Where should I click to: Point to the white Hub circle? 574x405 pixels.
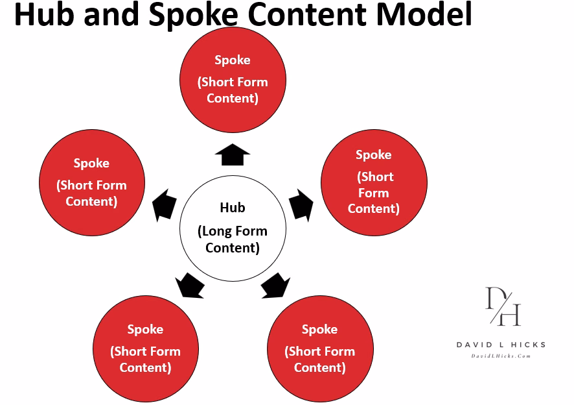[x=232, y=228]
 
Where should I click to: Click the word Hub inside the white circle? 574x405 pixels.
[x=232, y=208]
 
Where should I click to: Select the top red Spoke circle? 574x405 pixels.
[x=232, y=79]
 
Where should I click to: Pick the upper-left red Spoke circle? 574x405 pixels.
[x=91, y=182]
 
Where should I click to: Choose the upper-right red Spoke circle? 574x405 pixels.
[x=374, y=182]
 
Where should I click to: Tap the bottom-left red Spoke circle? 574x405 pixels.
[x=145, y=349]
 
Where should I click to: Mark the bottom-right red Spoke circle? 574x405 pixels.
[x=320, y=349]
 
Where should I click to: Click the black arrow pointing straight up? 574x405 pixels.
[x=232, y=154]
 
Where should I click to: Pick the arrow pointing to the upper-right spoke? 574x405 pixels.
[x=301, y=204]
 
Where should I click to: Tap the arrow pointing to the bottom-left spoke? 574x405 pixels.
[x=189, y=285]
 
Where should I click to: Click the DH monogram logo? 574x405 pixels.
[x=503, y=306]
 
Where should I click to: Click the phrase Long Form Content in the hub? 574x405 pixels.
[x=232, y=239]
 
